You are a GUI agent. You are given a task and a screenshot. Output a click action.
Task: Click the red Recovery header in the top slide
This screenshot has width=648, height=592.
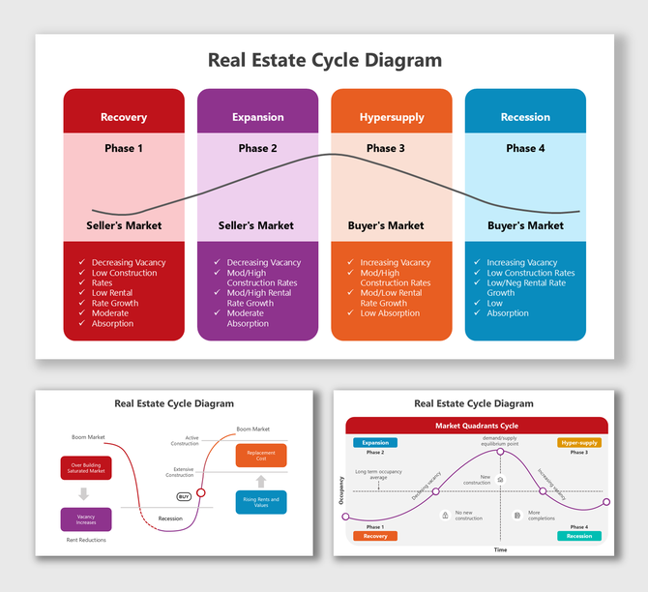coord(124,117)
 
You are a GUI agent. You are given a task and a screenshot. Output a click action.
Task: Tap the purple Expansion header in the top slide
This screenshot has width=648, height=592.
coord(257,117)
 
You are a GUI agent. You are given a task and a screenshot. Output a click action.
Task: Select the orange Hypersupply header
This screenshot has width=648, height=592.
coord(392,117)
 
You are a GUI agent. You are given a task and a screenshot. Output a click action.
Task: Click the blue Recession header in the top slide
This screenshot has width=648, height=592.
coord(525,117)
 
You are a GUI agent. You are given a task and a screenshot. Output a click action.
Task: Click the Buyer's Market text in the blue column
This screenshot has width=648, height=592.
coord(525,225)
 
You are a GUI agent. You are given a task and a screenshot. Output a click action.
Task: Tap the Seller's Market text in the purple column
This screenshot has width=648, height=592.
coord(256,225)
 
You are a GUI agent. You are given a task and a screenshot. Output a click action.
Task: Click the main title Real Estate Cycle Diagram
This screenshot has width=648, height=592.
coord(325,60)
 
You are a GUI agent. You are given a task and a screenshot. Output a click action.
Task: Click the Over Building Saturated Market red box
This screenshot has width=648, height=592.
coord(86,468)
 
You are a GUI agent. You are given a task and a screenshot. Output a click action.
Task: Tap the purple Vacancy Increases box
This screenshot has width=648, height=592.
coord(86,519)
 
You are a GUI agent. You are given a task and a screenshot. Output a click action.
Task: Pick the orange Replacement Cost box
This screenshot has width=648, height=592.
coord(261,456)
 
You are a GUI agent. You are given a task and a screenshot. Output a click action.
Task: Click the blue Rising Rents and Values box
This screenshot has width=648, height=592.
coord(261,502)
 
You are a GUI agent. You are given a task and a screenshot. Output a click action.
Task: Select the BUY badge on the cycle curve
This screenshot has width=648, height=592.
coord(184,496)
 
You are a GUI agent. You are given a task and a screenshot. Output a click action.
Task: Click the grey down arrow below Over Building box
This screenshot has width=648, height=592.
coord(85,493)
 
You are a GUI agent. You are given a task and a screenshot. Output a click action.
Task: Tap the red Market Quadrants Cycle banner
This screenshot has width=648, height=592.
coord(477,426)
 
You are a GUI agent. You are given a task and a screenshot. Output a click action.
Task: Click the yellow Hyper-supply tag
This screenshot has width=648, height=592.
coord(579,442)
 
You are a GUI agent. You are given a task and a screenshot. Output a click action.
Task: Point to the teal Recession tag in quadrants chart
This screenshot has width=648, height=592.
coord(578,536)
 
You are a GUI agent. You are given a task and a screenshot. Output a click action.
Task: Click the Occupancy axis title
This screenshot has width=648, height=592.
coord(340,488)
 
